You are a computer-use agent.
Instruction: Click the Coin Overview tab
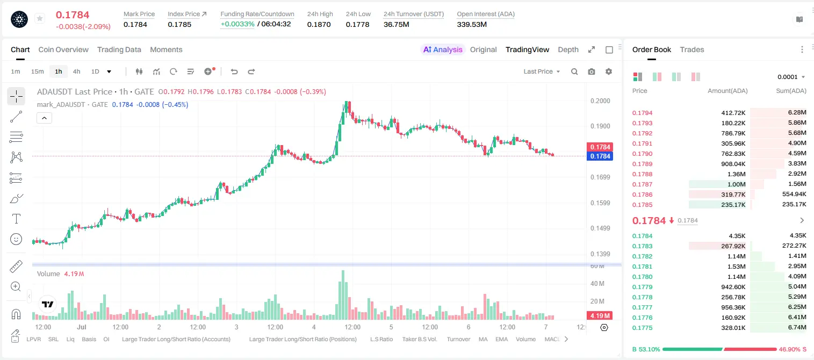tap(63, 49)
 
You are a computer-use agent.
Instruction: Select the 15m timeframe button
tap(38, 71)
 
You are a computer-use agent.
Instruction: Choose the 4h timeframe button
tap(76, 71)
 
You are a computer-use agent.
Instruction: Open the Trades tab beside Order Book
tap(692, 49)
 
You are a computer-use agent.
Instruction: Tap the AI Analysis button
tap(443, 49)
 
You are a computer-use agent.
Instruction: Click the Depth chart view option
tap(568, 49)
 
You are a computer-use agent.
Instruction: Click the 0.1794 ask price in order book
tap(642, 113)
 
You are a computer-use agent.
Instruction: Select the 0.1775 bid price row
tap(642, 328)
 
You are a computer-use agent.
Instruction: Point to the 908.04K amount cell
tap(733, 164)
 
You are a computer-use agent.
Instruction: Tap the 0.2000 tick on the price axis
tap(600, 101)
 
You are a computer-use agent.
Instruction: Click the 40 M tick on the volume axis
tap(597, 283)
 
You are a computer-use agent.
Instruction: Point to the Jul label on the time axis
tap(82, 327)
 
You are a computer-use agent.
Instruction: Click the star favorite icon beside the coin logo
tap(40, 18)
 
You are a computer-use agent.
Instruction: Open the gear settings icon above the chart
tap(609, 71)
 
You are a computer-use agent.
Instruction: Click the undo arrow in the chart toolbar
tap(234, 71)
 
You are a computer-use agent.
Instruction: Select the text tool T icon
tap(16, 219)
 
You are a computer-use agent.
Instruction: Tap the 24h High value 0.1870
tap(319, 24)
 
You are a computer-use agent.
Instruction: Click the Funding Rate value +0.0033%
tap(237, 24)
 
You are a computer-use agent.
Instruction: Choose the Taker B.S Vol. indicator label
tap(419, 339)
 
